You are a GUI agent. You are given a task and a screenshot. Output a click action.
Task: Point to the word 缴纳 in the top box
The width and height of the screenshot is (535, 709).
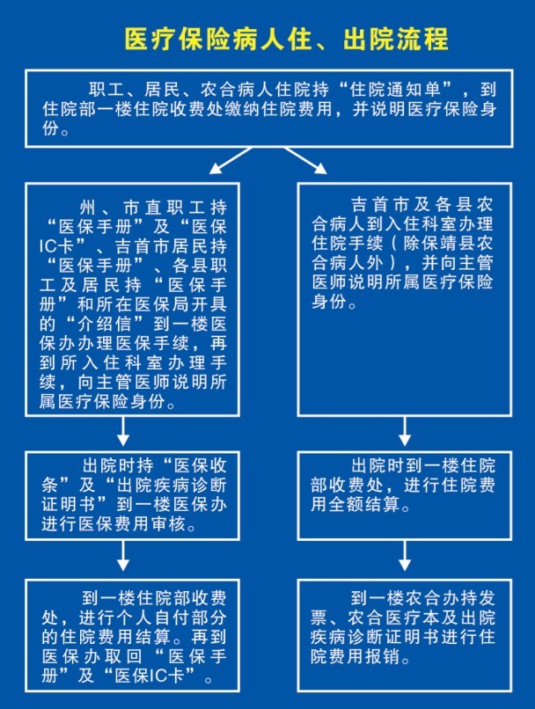[243, 109]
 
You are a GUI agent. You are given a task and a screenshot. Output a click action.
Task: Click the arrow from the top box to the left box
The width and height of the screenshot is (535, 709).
[231, 160]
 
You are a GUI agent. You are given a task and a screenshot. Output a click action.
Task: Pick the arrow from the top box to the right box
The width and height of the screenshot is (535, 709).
[305, 160]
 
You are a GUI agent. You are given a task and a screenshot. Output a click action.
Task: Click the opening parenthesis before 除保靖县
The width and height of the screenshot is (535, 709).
[395, 244]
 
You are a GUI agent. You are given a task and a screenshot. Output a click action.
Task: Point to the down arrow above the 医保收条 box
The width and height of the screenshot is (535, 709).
[123, 431]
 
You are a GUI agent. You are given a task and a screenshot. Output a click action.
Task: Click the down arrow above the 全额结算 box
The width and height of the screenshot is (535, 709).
[405, 431]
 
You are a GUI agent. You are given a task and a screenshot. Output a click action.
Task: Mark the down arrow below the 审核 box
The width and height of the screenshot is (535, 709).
[123, 556]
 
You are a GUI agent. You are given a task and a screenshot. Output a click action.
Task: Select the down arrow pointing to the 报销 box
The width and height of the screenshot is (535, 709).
[405, 556]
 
